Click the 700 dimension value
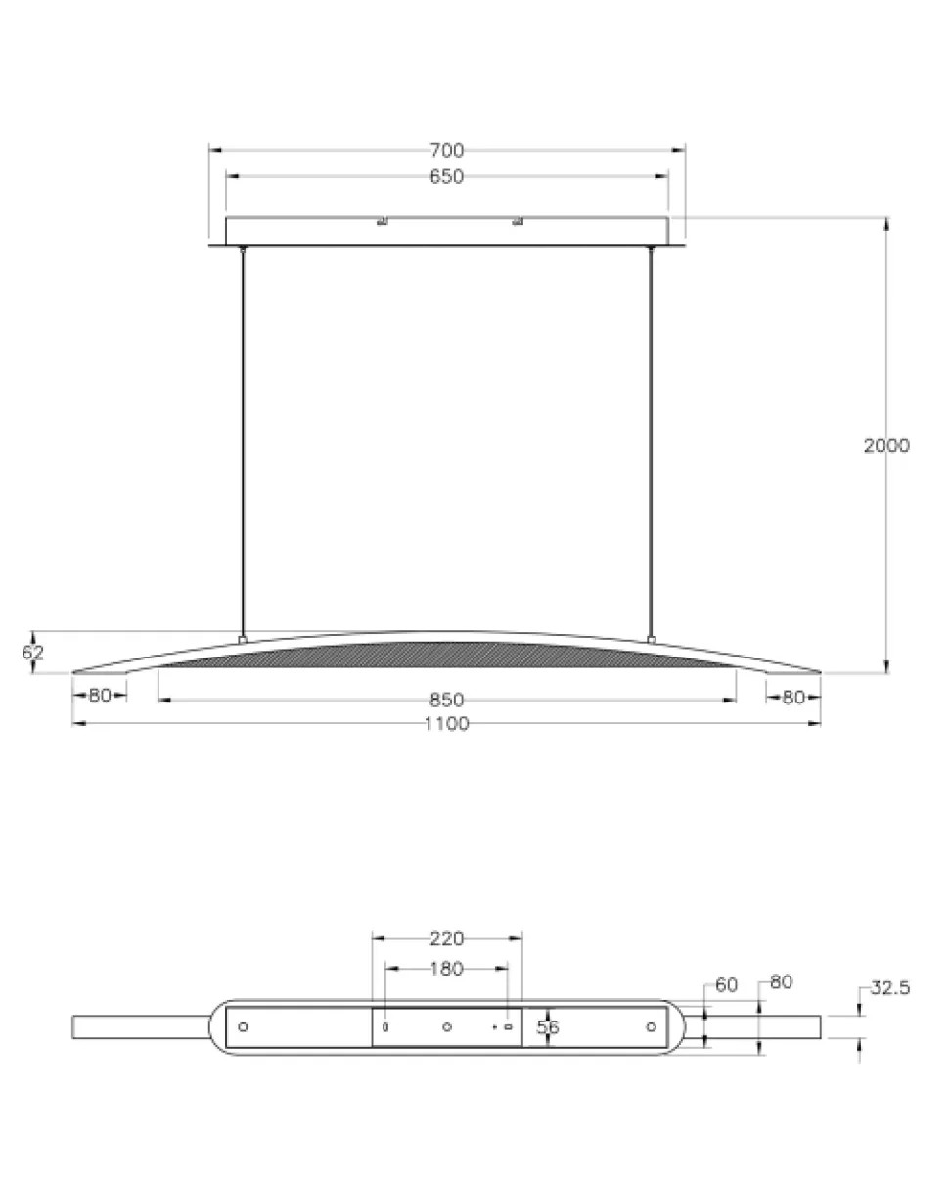point(446,150)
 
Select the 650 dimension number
point(446,176)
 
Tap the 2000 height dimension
point(886,446)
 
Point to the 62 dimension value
point(32,652)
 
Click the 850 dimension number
point(446,701)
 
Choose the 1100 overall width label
point(446,724)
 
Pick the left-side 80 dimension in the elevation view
point(100,696)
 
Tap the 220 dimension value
point(446,938)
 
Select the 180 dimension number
point(446,969)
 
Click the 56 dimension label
point(548,1026)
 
